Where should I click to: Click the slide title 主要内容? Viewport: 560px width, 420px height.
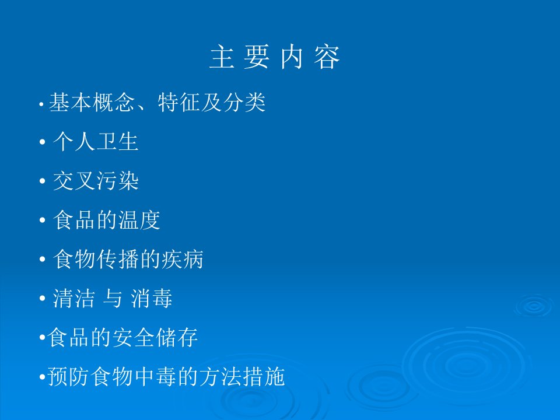point(274,57)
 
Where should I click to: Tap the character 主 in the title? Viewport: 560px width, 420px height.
point(222,57)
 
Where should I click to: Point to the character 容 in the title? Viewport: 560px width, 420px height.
point(327,57)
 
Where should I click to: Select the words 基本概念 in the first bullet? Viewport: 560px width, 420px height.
point(92,102)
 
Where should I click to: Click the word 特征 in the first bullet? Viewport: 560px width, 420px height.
point(179,102)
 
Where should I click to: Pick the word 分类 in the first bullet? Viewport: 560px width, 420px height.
point(244,102)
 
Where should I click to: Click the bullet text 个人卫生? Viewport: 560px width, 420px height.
point(96,141)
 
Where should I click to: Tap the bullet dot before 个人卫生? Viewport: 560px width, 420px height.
point(43,142)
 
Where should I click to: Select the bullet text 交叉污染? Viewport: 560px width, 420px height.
point(96,181)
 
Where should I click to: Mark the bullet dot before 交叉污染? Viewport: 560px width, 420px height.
point(43,181)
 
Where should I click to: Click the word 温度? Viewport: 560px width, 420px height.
point(139,220)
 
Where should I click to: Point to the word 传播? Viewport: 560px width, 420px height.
point(117,259)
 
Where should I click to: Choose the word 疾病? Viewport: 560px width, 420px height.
point(183,259)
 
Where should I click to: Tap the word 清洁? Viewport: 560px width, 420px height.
point(74,298)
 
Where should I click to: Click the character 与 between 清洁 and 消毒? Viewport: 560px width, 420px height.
point(113,298)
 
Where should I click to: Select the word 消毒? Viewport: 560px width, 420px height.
point(152,298)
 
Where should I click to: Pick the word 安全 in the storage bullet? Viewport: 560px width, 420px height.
point(134,337)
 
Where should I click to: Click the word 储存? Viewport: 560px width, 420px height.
point(177,337)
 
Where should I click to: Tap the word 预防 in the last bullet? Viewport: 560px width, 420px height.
point(69,376)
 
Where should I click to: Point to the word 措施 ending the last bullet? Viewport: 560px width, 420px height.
point(264,376)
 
